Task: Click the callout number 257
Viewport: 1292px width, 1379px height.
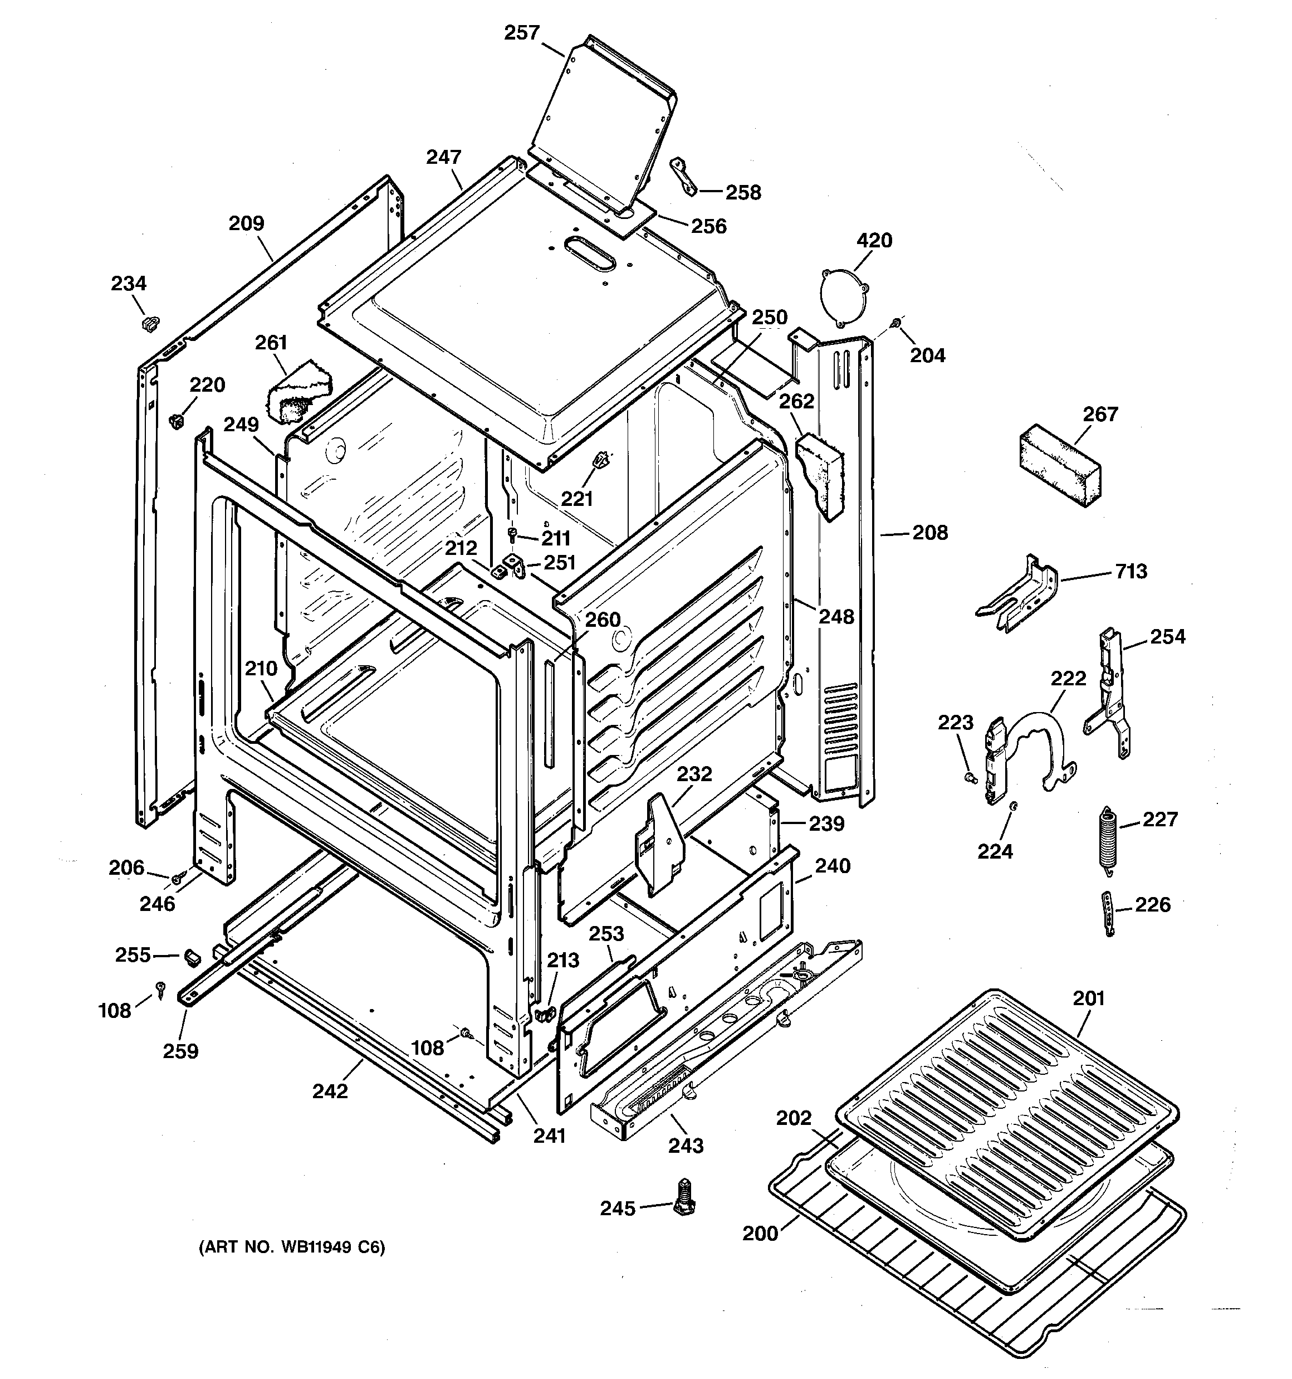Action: point(521,33)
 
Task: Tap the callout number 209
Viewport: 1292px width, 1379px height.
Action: point(246,223)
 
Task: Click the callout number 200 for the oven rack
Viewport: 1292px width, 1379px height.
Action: point(760,1234)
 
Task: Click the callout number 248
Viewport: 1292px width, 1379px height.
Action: point(836,616)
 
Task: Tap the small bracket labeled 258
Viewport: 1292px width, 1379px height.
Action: point(683,176)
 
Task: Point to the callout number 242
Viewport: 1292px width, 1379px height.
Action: point(330,1091)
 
